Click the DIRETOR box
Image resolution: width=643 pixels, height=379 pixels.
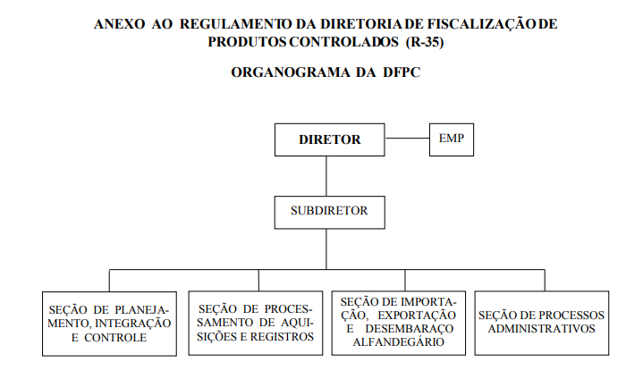click(x=330, y=139)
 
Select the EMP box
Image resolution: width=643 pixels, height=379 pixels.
click(x=452, y=139)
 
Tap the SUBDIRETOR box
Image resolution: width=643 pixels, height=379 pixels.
click(x=330, y=212)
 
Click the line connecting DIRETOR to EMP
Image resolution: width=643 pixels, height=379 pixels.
click(x=407, y=138)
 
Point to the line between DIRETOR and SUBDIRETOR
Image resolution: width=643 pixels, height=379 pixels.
click(x=326, y=176)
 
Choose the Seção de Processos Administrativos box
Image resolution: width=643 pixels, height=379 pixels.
click(x=542, y=323)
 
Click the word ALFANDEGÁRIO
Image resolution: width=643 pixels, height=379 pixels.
click(x=399, y=342)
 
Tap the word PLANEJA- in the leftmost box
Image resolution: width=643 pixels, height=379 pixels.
click(x=141, y=310)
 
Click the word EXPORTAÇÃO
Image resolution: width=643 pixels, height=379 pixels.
click(x=417, y=315)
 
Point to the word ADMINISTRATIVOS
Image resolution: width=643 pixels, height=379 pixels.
click(x=541, y=329)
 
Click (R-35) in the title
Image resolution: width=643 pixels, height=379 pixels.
click(x=425, y=42)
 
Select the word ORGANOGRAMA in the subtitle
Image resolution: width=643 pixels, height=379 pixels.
click(x=291, y=72)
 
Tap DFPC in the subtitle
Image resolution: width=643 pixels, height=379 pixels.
click(x=402, y=72)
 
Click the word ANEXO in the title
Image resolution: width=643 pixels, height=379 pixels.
click(x=119, y=24)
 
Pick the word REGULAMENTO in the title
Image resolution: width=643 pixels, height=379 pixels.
click(x=236, y=24)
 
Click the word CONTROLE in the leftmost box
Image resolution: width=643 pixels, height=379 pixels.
click(x=115, y=338)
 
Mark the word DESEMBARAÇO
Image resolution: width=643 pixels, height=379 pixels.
click(x=410, y=329)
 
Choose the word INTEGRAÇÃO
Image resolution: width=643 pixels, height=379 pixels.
click(x=133, y=324)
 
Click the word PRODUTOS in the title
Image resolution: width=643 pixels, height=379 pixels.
click(x=248, y=42)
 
